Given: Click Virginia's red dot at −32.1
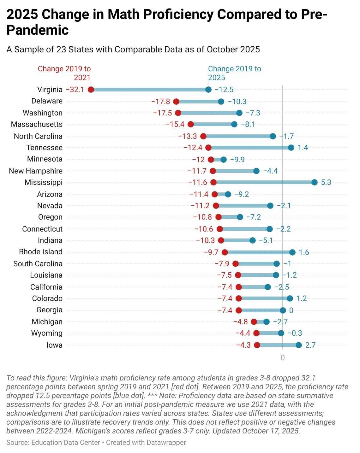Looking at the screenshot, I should click(91, 90).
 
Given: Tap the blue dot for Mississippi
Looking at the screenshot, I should click(315, 182).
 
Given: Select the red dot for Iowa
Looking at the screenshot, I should click(257, 345).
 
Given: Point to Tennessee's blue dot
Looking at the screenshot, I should click(291, 148).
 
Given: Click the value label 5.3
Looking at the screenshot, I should click(326, 182).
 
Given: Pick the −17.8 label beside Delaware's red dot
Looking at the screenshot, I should click(160, 102).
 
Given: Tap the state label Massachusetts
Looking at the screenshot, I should click(37, 124).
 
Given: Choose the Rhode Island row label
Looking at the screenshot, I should click(41, 252).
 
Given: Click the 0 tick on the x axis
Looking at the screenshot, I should click(283, 358).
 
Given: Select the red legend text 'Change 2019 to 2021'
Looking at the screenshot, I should click(64, 73).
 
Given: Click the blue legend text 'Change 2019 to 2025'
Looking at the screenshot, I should click(234, 73).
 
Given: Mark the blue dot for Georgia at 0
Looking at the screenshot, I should click(283, 310).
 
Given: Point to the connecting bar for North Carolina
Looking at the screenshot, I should click(238, 136).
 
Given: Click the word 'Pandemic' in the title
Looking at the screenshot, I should click(38, 30).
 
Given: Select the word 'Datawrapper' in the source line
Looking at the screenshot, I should click(166, 443).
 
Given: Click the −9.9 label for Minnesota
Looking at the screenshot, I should click(237, 160).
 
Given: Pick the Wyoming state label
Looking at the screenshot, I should click(47, 333).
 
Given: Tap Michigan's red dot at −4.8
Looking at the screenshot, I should click(254, 322).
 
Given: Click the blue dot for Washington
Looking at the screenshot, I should click(239, 113).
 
